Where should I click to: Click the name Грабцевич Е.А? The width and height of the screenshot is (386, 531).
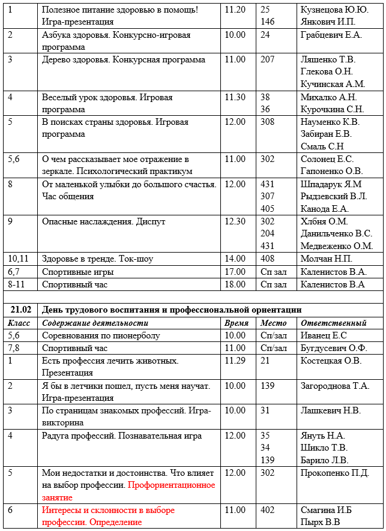click(331, 35)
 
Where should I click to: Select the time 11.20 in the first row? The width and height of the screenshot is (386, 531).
click(235, 10)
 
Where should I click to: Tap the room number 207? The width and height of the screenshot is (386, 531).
click(268, 59)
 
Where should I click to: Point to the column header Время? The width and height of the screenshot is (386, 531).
click(236, 323)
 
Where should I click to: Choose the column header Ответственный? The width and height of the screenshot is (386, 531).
click(333, 323)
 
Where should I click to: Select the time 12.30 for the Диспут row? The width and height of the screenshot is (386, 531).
click(235, 221)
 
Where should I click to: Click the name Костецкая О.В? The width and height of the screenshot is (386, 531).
click(331, 361)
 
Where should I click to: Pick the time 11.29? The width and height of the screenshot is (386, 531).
click(235, 361)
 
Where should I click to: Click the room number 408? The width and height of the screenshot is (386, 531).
click(268, 259)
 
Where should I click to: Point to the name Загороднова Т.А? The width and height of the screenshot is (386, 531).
click(335, 386)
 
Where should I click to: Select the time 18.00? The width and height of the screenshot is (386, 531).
click(235, 284)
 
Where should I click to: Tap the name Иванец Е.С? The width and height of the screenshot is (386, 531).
click(324, 335)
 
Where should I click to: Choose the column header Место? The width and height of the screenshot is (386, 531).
click(273, 323)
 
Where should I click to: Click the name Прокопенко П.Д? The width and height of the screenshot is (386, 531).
click(334, 473)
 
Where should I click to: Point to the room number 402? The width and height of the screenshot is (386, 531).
click(268, 510)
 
